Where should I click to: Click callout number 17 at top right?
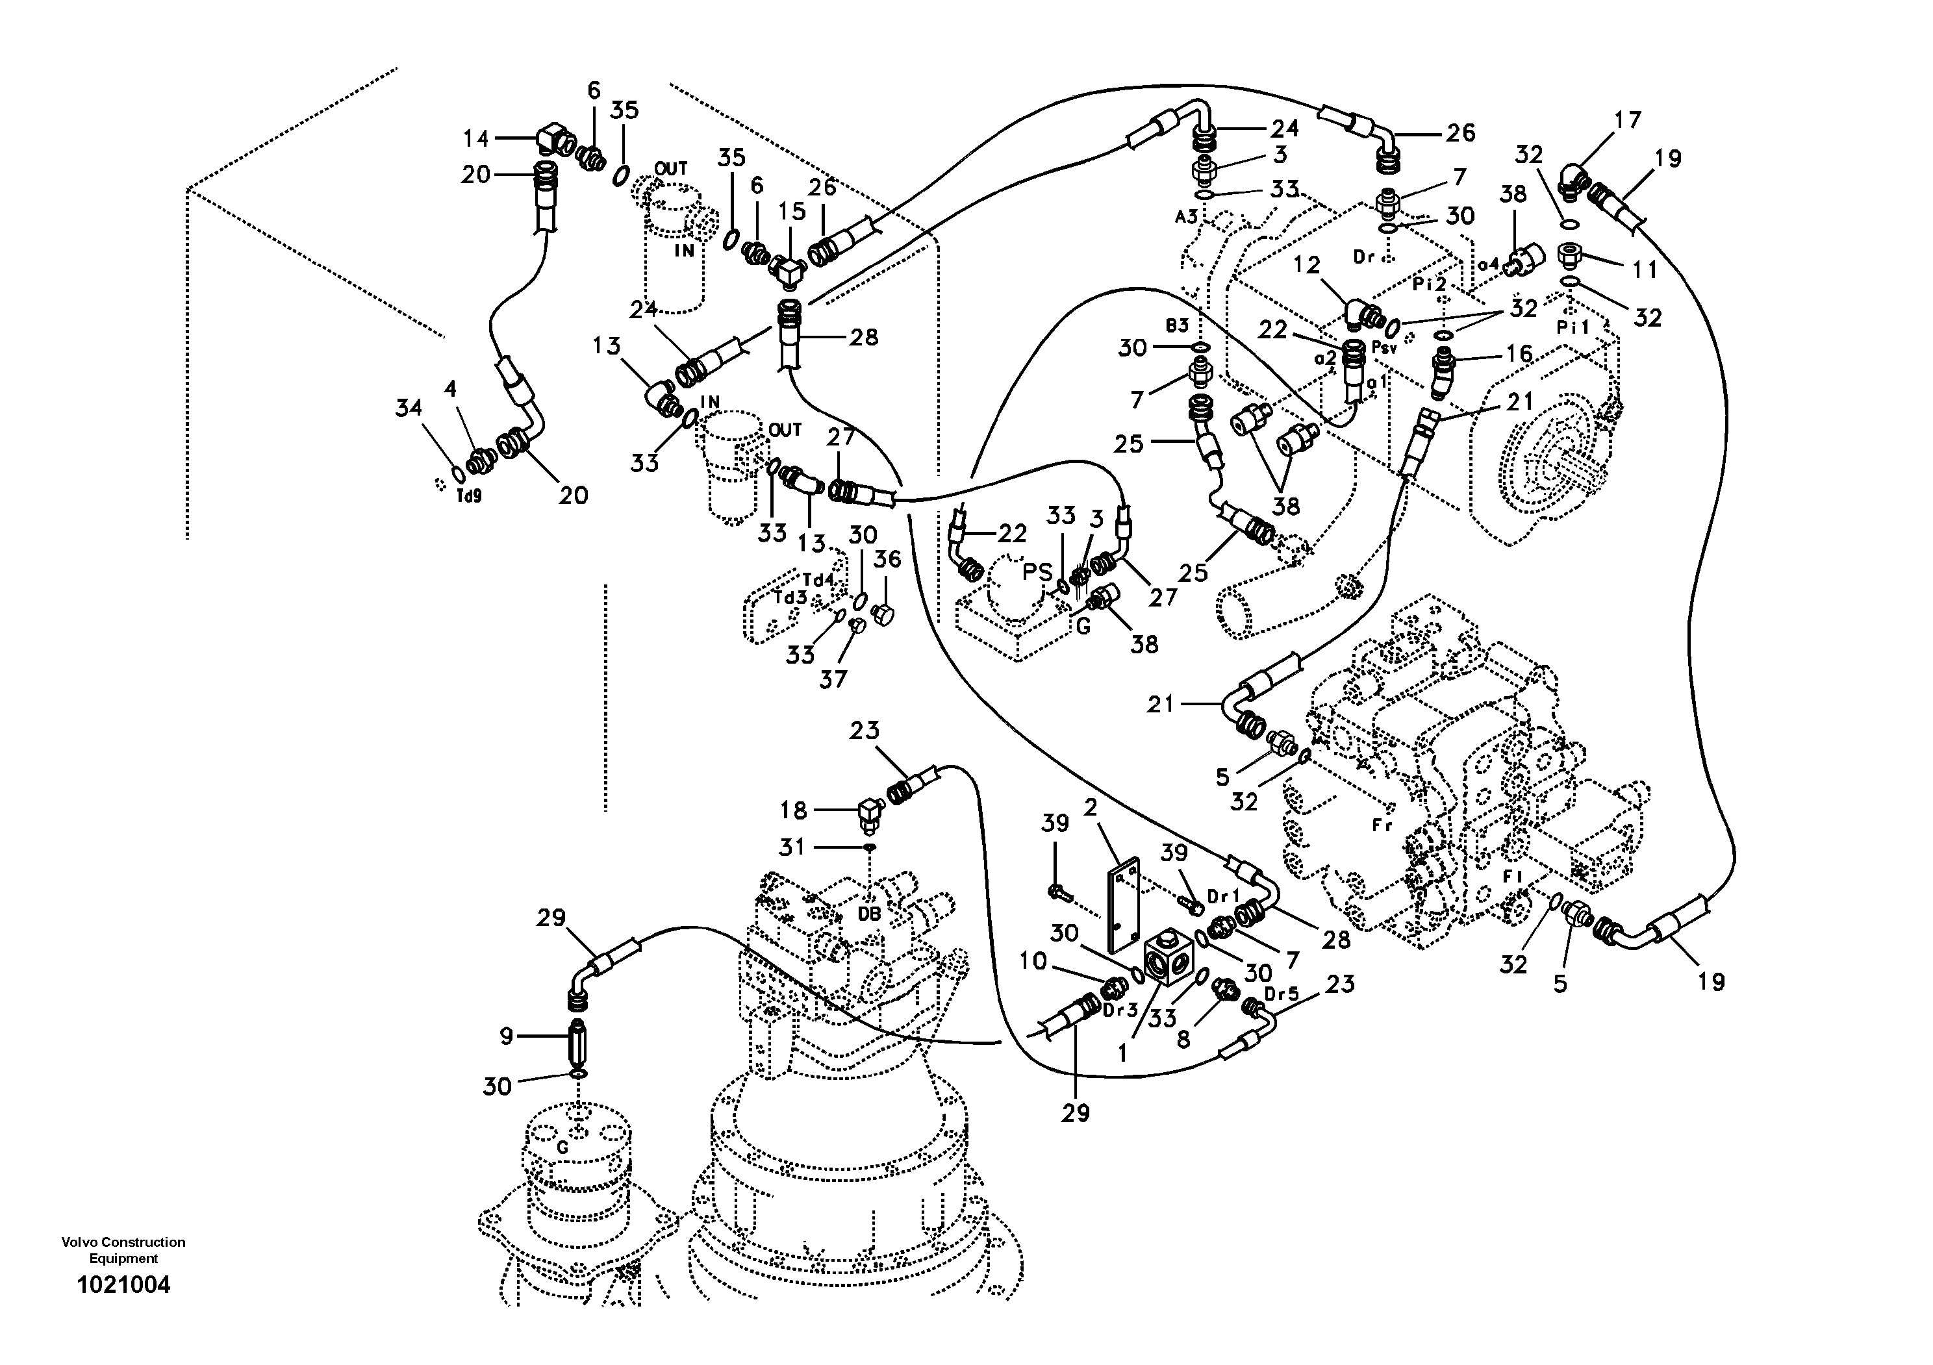point(1626,120)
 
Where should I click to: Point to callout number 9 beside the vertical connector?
point(506,1036)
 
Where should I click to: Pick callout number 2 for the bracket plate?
point(1091,808)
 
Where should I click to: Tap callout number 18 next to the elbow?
point(793,810)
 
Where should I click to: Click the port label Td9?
point(469,497)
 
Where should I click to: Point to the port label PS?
point(1038,572)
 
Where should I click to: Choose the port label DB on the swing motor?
point(870,913)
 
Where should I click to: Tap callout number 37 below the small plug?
point(833,679)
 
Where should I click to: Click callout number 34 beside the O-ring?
point(409,409)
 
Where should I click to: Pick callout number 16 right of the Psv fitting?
point(1519,355)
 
